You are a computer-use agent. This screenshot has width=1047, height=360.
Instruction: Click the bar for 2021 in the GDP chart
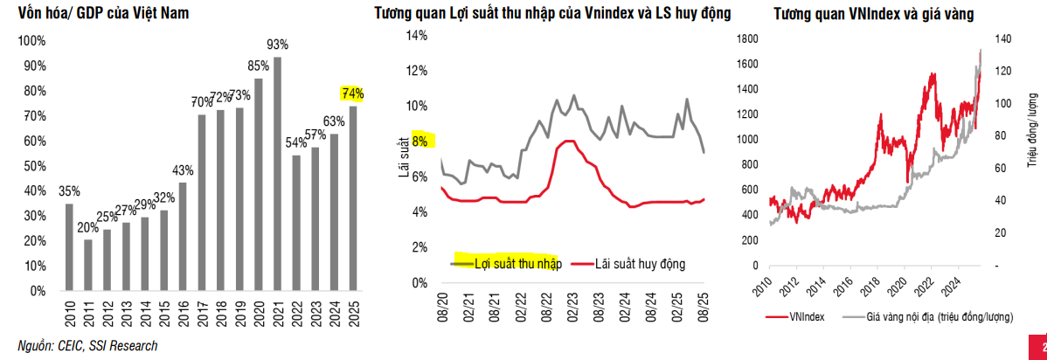[x=277, y=175]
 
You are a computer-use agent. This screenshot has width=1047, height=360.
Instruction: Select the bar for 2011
[x=87, y=265]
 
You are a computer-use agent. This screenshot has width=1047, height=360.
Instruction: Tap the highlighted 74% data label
[x=353, y=93]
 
